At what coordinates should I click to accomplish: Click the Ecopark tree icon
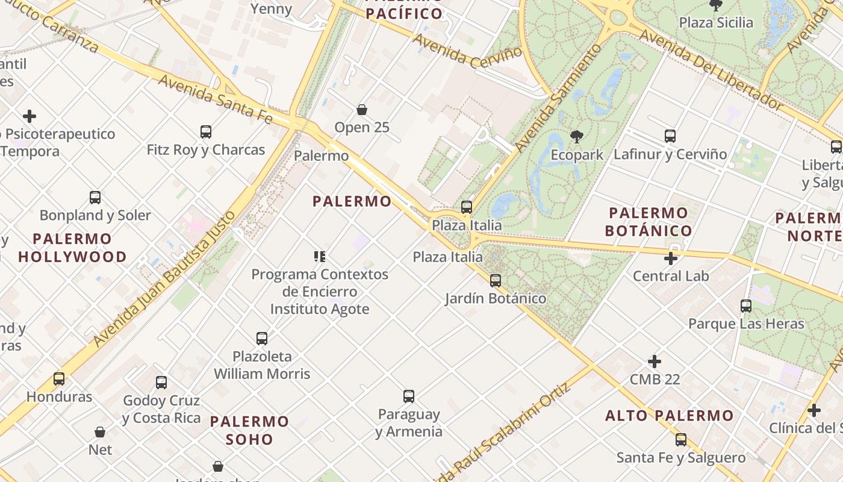point(576,136)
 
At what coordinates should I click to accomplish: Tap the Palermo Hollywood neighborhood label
point(72,248)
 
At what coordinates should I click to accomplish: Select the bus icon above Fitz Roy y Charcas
point(206,131)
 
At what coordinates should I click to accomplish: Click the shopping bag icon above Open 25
point(362,110)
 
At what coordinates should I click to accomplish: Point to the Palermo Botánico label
point(649,222)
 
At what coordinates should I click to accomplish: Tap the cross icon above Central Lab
point(671,259)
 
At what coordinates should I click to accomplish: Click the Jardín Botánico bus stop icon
point(496,280)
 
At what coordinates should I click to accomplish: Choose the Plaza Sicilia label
point(716,23)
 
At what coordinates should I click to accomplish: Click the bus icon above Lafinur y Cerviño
point(670,136)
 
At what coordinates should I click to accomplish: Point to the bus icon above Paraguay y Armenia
point(409,396)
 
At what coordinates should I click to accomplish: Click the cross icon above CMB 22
point(655,361)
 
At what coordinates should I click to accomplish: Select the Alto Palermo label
point(670,416)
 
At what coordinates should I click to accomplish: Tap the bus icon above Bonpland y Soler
point(95,198)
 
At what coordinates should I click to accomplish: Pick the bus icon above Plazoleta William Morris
point(262,339)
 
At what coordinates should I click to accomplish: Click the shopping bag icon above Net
point(100,432)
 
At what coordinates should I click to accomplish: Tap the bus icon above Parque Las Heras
point(746,306)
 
